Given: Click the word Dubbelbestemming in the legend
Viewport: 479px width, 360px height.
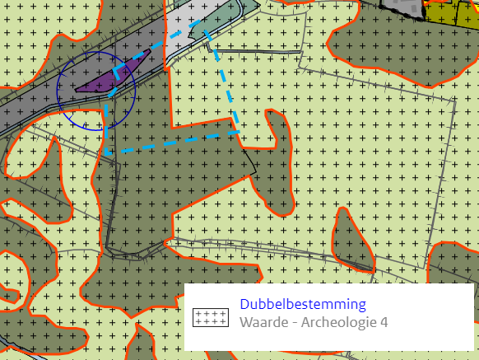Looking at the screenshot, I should (x=303, y=305).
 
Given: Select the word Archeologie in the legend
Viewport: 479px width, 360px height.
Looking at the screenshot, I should (x=337, y=322).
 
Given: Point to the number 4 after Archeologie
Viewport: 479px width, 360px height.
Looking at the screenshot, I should (x=383, y=322).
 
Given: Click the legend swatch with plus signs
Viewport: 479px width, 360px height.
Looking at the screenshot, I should (x=210, y=317).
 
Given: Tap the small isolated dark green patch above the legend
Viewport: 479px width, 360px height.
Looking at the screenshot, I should (x=352, y=239).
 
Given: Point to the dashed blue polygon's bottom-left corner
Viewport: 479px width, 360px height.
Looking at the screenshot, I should (x=106, y=153).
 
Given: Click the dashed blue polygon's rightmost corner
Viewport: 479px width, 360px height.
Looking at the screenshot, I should (x=239, y=131).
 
